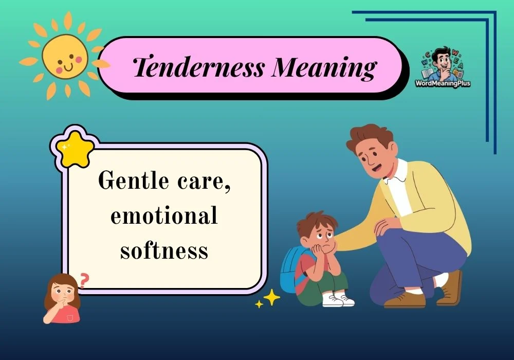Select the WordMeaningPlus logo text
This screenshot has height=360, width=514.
point(443,83)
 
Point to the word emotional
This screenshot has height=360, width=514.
point(164,216)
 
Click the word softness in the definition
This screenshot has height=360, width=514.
point(164,250)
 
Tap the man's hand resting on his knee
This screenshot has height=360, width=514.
point(388,225)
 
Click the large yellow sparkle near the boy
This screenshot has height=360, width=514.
point(271,297)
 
